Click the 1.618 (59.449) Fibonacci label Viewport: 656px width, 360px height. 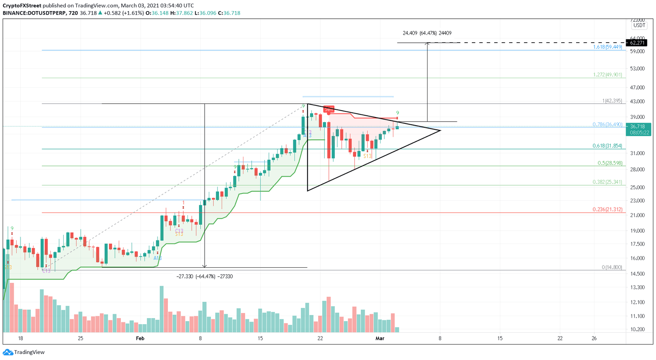coord(607,47)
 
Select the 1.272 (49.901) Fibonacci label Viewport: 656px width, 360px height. coord(607,75)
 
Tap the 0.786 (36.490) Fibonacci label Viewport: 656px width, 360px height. coord(607,125)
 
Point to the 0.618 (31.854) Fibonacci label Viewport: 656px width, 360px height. coord(607,146)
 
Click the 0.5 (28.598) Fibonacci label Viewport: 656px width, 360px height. coord(609,163)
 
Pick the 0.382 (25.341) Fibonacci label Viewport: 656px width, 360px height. coord(607,182)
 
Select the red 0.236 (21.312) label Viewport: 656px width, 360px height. coord(607,210)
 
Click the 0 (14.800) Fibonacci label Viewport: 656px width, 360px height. coord(612,267)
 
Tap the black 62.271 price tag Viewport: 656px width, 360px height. coord(636,43)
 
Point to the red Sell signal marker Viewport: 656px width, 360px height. coord(329,109)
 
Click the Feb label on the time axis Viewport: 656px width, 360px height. coord(140,338)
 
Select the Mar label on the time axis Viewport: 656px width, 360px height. coord(380,338)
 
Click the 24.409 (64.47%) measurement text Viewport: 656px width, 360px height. coord(427,33)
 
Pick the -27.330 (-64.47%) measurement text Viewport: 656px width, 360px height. coord(205,276)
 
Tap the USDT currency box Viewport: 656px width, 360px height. coord(639,25)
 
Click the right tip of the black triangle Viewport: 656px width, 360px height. coord(440,130)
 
